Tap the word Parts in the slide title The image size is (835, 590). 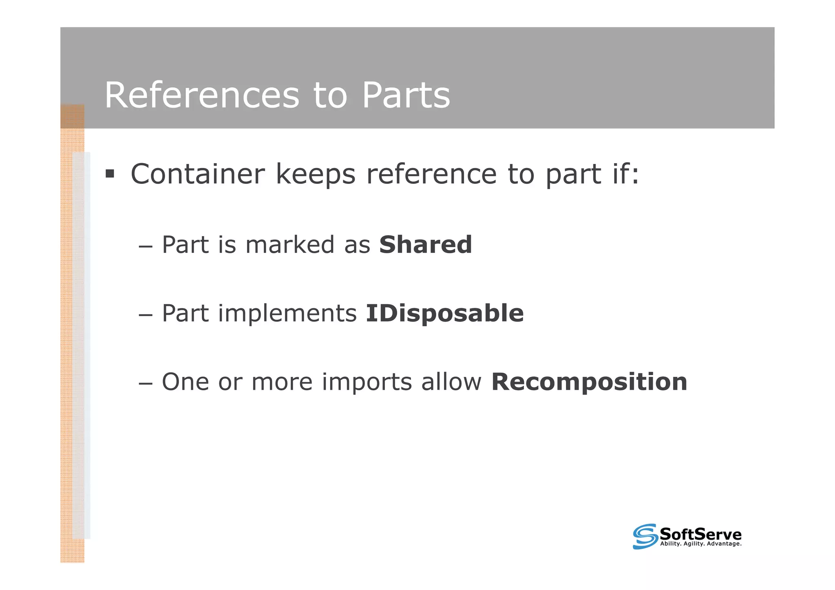point(406,95)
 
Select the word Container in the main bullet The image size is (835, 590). point(198,174)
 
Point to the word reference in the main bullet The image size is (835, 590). point(431,174)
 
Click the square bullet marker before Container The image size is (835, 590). point(110,174)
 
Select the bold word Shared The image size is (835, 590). point(425,245)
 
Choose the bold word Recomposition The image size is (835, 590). point(589,382)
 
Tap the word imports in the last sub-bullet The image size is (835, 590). point(367,382)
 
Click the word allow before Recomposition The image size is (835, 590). point(451,382)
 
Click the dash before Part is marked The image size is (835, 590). point(146,246)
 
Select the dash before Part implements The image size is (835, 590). point(146,314)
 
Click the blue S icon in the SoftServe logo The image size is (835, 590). point(645,536)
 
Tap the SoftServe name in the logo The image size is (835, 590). point(700,534)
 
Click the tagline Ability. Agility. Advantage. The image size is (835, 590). point(700,544)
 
